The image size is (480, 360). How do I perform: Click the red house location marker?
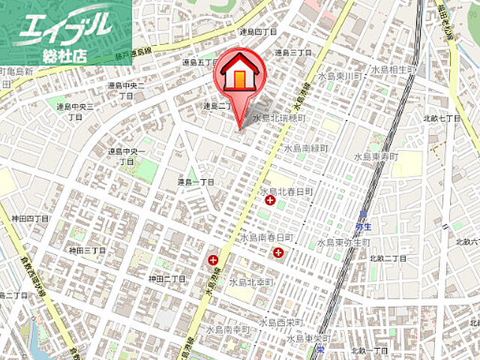coord(239,76)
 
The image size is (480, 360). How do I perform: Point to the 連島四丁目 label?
coord(258,32)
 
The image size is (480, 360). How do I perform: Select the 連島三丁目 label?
coord(292,52)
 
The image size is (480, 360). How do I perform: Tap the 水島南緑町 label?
coord(307,148)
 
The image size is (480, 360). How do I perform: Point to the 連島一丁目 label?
coord(196,182)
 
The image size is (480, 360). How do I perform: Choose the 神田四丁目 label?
coord(30,218)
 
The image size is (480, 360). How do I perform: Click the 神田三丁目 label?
coord(88,250)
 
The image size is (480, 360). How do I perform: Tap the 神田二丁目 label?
coord(166,278)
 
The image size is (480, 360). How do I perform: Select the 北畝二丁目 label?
coord(388,258)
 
